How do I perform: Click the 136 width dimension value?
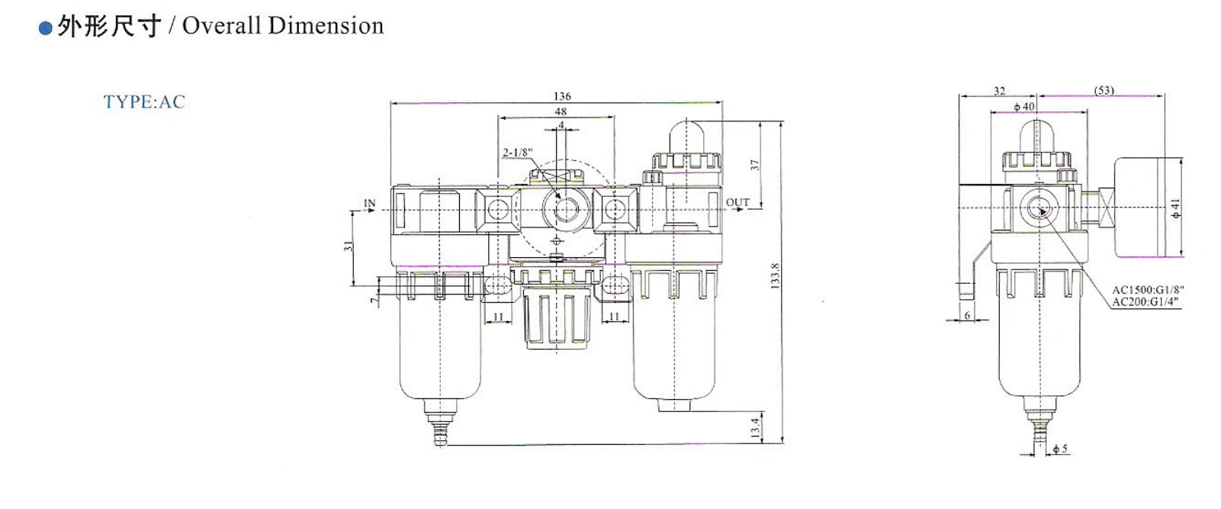561,96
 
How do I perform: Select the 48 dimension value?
561,111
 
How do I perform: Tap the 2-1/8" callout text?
517,153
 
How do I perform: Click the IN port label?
370,204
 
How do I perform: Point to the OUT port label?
737,202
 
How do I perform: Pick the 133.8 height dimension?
776,275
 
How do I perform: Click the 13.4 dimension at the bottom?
755,427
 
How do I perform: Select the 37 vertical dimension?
755,165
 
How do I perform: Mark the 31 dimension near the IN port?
349,246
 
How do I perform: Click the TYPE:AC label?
144,102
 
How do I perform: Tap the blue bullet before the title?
45,29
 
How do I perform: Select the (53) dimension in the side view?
1104,90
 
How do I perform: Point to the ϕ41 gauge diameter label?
1175,208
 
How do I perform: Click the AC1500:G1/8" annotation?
1147,290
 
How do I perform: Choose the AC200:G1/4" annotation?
1145,301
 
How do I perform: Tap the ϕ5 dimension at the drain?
1060,449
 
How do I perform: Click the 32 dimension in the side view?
999,91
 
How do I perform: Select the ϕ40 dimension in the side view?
1023,107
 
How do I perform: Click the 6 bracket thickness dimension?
967,314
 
